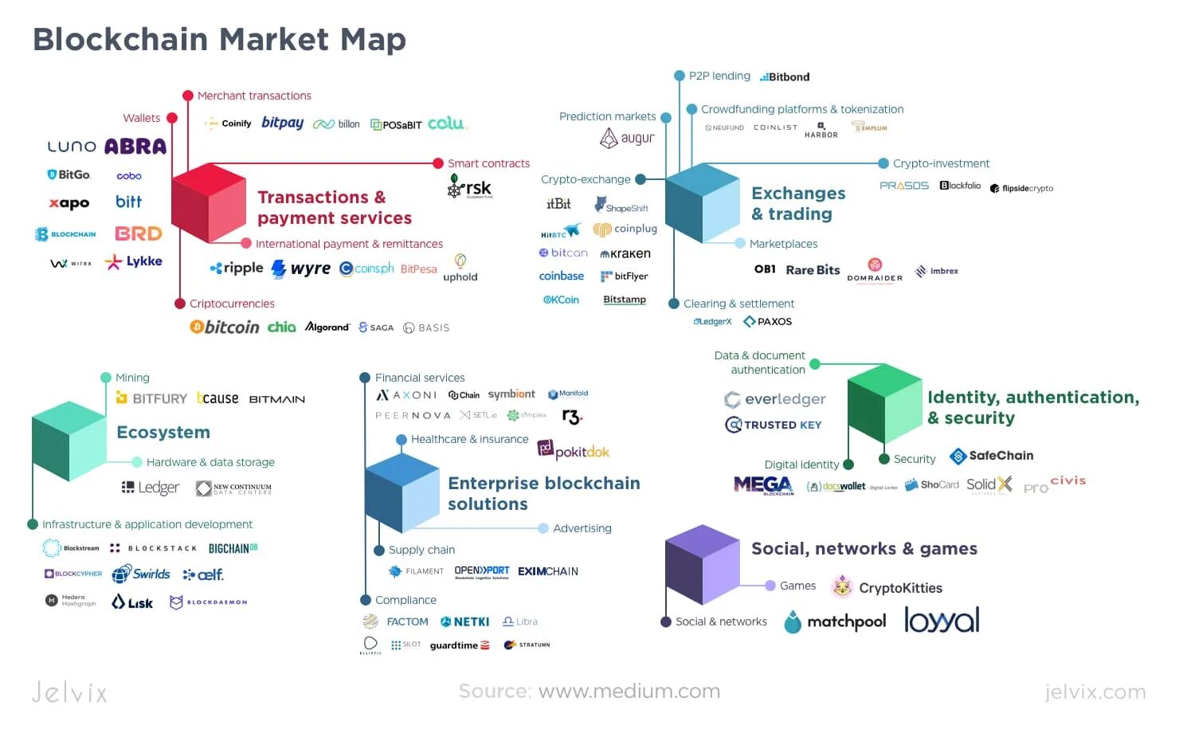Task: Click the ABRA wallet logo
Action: click(135, 147)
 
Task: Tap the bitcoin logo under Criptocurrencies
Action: click(225, 327)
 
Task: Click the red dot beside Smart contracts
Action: click(437, 163)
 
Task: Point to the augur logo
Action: click(627, 139)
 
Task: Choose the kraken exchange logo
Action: click(625, 253)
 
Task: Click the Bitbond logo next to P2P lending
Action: click(785, 77)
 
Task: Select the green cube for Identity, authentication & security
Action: click(883, 403)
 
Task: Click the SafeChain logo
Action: click(992, 456)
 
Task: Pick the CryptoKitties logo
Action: click(887, 588)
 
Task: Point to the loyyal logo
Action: click(942, 621)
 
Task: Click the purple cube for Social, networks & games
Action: click(702, 564)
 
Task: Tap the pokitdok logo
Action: click(574, 451)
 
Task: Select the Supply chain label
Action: click(421, 550)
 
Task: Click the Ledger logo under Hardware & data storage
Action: click(151, 488)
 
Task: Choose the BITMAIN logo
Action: click(276, 399)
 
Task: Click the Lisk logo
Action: click(132, 602)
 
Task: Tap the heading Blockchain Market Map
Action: click(219, 39)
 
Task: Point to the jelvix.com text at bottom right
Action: click(1095, 692)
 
